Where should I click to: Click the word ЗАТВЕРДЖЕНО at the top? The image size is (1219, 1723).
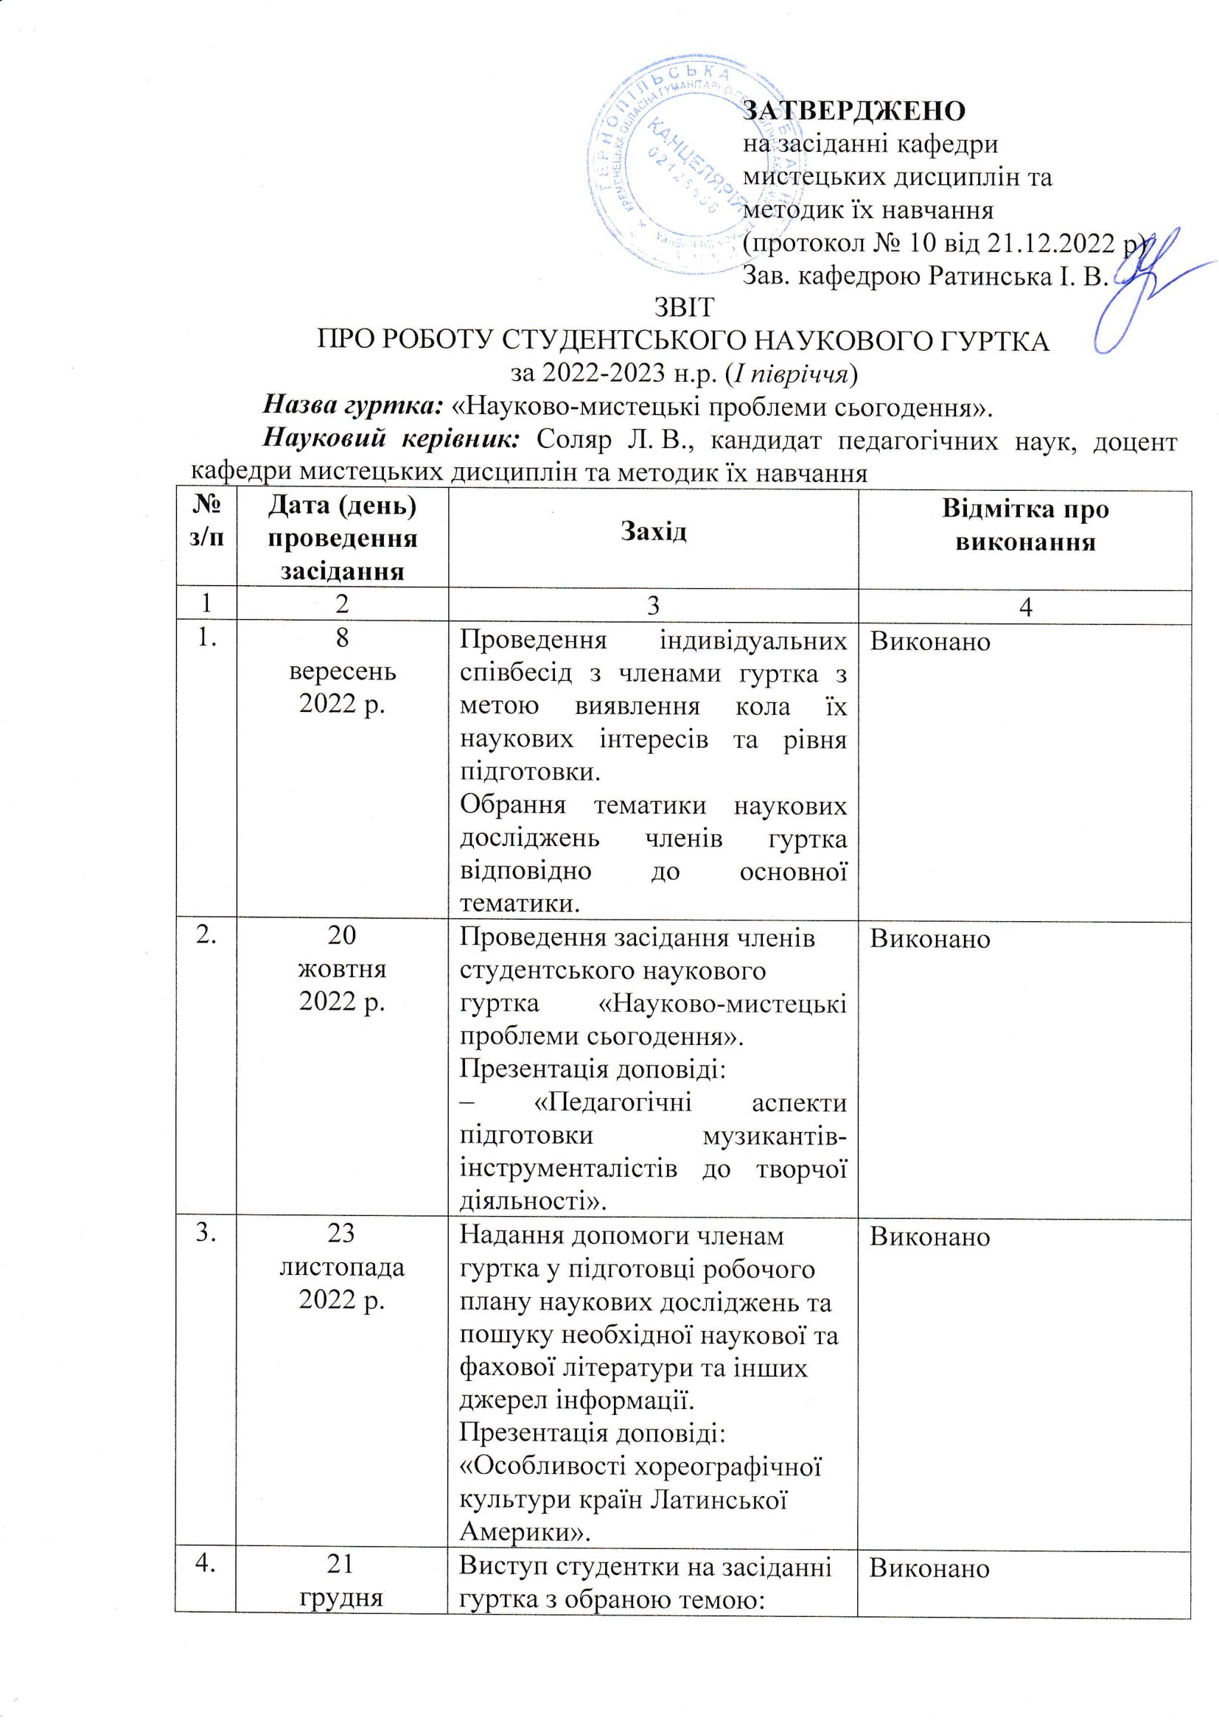tap(853, 111)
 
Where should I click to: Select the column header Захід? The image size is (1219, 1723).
tap(653, 532)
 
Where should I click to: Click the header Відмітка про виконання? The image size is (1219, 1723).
tap(1024, 525)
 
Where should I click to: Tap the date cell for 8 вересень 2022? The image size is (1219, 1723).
tap(342, 671)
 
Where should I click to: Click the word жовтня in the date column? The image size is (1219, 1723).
tap(342, 969)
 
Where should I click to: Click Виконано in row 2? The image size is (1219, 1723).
tap(930, 939)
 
